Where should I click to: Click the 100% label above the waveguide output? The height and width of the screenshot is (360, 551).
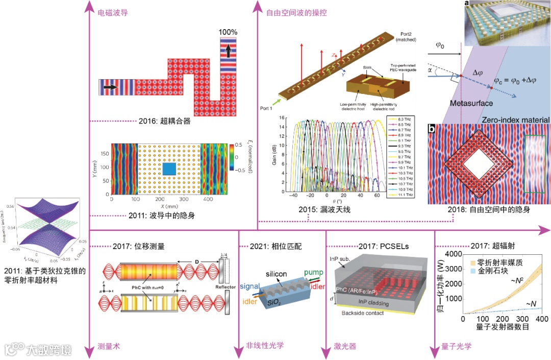point(228,32)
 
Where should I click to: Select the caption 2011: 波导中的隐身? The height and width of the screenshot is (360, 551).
point(163,215)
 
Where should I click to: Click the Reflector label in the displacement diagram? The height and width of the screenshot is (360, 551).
point(224,287)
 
